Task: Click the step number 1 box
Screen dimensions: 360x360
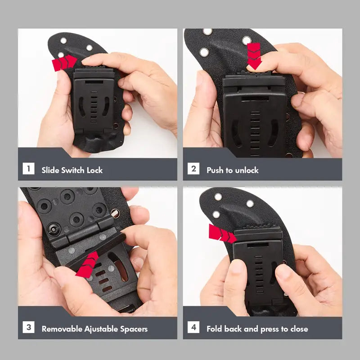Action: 28,168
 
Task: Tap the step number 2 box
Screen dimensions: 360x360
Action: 193,168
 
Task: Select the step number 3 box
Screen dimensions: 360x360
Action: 28,327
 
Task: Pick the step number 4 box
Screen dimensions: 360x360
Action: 193,327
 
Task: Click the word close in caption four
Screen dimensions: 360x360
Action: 299,329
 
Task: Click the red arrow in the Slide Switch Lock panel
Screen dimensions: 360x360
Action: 64,63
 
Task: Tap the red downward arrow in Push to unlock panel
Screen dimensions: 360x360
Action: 254,56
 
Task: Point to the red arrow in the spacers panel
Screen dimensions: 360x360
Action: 87,265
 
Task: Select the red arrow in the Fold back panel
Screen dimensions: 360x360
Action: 222,234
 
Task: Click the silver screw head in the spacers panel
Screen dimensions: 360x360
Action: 115,213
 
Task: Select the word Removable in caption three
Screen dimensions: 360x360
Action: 62,329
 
